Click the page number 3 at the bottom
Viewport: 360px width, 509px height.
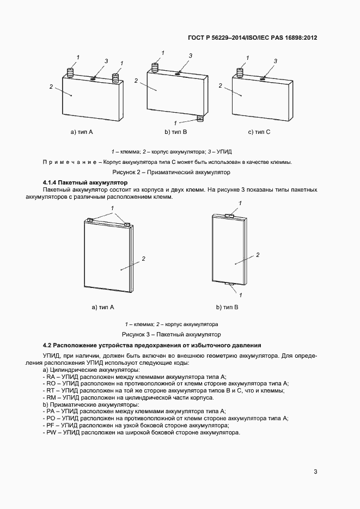tap(315, 471)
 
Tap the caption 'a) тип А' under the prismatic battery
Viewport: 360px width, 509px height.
tap(82, 132)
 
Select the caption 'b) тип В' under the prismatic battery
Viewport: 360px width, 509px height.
tap(176, 132)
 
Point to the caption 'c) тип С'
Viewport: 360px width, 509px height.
tap(259, 132)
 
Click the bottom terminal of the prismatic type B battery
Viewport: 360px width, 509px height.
tap(199, 118)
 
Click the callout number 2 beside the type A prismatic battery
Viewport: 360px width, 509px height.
tap(51, 86)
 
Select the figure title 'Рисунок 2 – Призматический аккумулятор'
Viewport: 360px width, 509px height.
tap(179, 172)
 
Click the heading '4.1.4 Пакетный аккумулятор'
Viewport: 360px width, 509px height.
tap(84, 182)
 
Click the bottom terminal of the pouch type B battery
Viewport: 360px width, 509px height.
tap(230, 283)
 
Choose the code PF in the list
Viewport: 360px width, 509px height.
tap(51, 426)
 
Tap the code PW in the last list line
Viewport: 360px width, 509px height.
tap(51, 433)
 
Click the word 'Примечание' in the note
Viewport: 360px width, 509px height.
tap(66, 162)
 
